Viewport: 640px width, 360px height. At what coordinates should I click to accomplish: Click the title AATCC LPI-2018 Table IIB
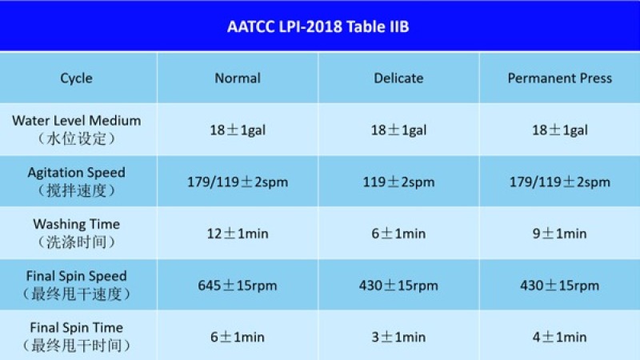click(x=318, y=27)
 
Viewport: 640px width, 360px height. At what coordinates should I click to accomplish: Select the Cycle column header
click(x=76, y=78)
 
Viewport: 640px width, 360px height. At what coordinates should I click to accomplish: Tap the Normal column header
click(x=238, y=78)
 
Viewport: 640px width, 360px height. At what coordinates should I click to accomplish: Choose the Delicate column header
click(x=398, y=78)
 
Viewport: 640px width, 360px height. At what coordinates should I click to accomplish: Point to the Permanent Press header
click(x=559, y=78)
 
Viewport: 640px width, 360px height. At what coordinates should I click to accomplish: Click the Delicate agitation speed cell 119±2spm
click(x=398, y=182)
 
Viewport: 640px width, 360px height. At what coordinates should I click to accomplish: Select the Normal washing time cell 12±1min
click(x=238, y=234)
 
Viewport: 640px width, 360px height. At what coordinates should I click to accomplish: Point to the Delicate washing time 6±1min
click(x=398, y=234)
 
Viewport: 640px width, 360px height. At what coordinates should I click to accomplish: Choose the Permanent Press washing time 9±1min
click(x=559, y=234)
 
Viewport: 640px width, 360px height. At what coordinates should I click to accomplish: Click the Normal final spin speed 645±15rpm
click(x=238, y=286)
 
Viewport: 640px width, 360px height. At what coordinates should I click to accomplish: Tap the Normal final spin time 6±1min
click(x=238, y=337)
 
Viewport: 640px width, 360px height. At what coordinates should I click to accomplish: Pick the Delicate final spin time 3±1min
click(x=398, y=337)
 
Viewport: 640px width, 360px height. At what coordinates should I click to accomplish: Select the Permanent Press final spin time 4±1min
click(x=559, y=337)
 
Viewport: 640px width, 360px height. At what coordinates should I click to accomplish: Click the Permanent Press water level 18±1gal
click(x=559, y=130)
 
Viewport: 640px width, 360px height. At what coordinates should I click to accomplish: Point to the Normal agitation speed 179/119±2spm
click(x=238, y=182)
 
